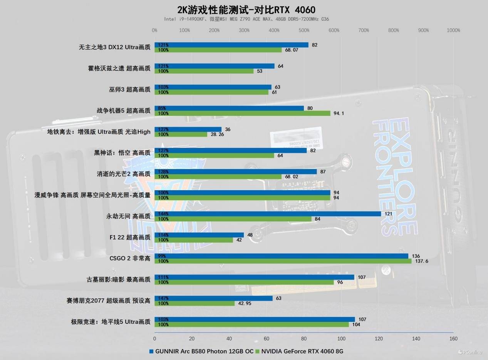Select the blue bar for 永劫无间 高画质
(268, 214)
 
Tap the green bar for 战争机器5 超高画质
(242, 113)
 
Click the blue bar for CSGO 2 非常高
(281, 256)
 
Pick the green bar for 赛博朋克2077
(195, 303)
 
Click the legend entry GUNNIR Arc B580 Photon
(204, 351)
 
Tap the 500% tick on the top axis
(304, 30)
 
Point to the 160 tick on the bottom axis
(453, 338)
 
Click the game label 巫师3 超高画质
(129, 90)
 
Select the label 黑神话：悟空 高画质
(122, 153)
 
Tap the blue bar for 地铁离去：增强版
(188, 129)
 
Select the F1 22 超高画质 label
(130, 238)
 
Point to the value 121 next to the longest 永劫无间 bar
(389, 214)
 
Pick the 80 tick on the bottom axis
(304, 338)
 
